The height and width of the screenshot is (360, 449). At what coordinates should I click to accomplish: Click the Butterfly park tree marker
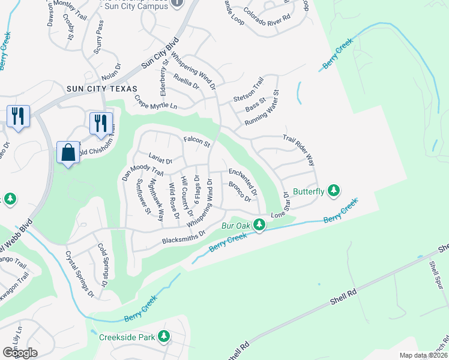334,191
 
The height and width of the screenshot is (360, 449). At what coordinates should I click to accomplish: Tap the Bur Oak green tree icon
259,226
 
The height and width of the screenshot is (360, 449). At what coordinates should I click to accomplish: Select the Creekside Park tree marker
164,337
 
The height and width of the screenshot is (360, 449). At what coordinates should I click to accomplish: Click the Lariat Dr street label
160,161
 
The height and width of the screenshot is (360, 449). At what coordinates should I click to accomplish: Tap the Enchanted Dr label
243,182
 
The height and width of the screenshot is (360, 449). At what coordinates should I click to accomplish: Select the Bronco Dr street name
239,192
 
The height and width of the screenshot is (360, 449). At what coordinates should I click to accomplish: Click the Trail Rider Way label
299,150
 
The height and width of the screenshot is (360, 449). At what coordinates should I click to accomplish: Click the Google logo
20,352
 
